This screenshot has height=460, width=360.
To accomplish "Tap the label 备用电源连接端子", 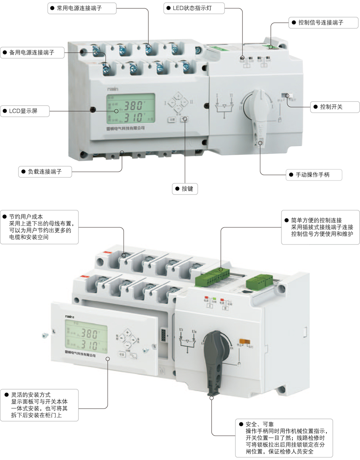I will (32, 52).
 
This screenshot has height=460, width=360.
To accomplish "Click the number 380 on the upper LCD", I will (133, 106).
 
